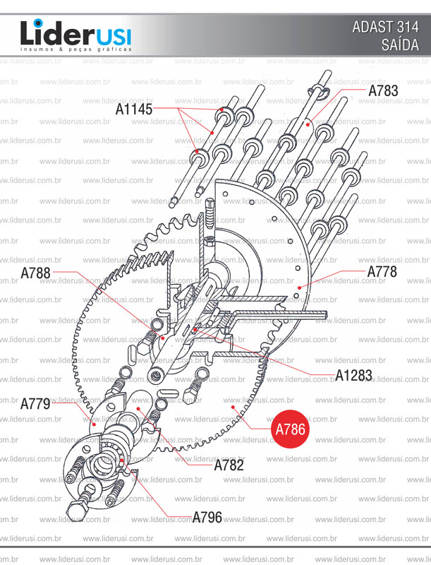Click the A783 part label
pos(383,90)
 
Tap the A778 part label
pos(382,271)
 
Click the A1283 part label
pos(353,375)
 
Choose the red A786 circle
pos(290,429)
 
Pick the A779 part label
pos(35,404)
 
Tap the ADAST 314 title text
pos(385,28)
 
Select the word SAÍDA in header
pos(399,46)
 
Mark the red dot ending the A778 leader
pos(299,287)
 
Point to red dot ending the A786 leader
pos(232,408)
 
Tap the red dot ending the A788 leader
pos(162,338)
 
